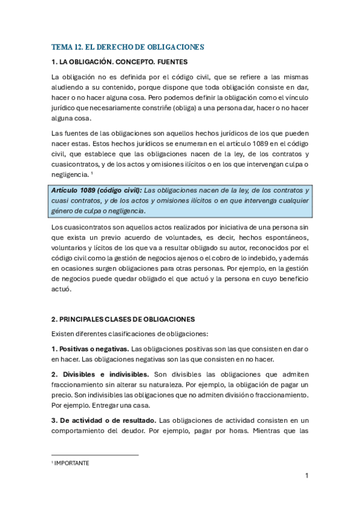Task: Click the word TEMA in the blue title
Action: click(61, 46)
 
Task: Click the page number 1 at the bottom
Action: click(307, 476)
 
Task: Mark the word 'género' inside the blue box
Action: click(63, 211)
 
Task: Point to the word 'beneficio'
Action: click(291, 280)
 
